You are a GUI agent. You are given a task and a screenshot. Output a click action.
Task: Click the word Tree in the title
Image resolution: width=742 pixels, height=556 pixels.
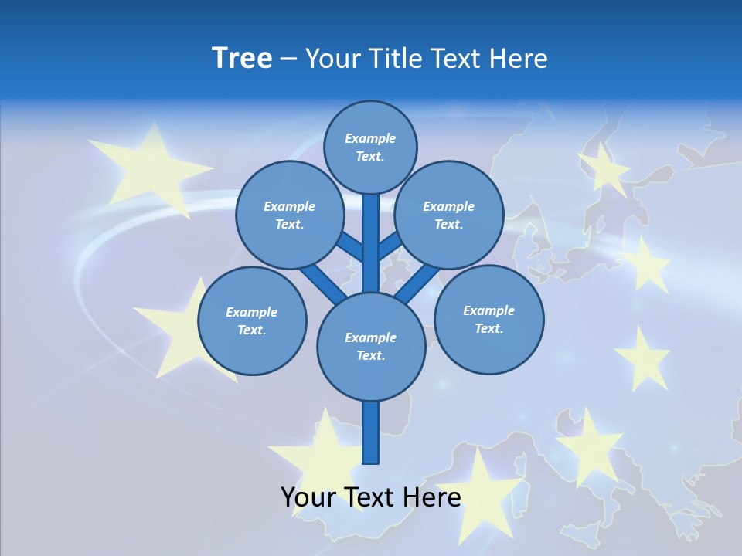tap(242, 59)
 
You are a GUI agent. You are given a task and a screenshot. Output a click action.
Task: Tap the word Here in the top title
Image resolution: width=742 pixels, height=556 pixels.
tap(518, 59)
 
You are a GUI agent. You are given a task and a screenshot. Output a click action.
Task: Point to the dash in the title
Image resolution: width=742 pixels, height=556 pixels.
tap(288, 59)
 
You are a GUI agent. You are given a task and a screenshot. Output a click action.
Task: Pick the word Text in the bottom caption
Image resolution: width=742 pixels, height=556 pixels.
tap(371, 497)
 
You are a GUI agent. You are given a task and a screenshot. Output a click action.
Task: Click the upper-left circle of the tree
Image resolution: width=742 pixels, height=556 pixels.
tap(289, 215)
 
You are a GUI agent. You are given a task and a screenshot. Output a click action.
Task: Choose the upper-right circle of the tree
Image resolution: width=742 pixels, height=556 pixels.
tap(449, 215)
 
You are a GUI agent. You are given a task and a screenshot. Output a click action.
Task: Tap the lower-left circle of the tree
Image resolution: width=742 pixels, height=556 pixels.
tap(252, 320)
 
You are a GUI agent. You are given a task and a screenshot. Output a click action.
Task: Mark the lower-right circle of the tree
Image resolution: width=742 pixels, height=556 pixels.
tap(489, 319)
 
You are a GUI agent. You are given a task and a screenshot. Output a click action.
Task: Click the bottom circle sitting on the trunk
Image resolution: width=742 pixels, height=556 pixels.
tap(371, 346)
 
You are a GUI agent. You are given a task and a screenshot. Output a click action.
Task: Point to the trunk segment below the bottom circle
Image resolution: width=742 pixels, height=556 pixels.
tap(371, 432)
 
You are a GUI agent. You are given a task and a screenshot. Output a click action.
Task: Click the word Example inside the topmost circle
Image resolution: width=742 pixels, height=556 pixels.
tap(370, 138)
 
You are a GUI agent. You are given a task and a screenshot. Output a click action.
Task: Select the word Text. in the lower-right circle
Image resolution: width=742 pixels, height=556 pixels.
tap(488, 328)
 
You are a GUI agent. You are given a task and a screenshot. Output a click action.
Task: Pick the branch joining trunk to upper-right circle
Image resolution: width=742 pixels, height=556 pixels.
tap(389, 247)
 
